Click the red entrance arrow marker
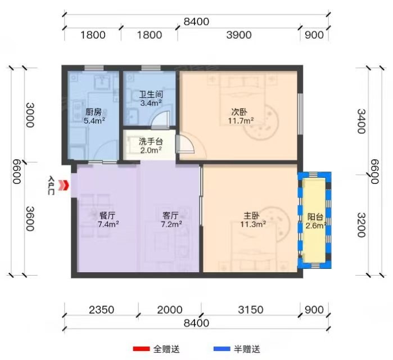click(x=64, y=186)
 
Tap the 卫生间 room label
click(x=151, y=94)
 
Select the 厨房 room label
click(x=93, y=112)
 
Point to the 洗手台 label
click(x=151, y=141)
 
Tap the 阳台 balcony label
click(x=315, y=217)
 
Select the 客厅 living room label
click(x=170, y=215)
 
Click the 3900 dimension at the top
click(x=239, y=35)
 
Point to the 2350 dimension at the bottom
click(x=102, y=310)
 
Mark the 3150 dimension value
click(x=251, y=310)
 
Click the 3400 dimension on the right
click(x=361, y=121)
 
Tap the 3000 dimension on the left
click(x=30, y=115)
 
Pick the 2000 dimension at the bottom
click(x=170, y=310)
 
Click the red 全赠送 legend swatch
click(x=141, y=349)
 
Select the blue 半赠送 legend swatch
click(x=222, y=349)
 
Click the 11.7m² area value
click(x=241, y=121)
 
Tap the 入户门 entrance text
click(x=51, y=186)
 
